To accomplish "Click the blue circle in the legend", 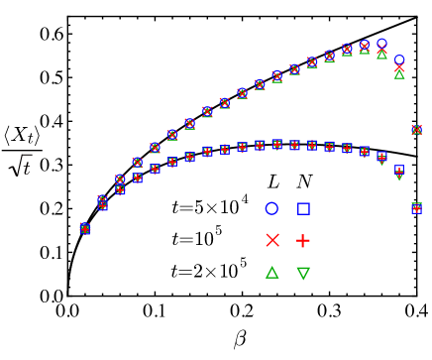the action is click(271, 208).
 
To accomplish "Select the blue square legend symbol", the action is click(303, 208).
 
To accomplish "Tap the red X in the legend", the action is click(272, 240).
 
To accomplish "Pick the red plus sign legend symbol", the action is click(303, 240).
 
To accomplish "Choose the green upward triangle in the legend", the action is click(271, 272).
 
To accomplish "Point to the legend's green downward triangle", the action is click(303, 273).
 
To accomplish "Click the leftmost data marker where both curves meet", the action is click(85, 228).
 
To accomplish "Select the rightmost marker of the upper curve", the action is click(416, 130).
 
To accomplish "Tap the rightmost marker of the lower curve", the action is click(416, 208).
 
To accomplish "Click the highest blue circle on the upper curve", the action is click(381, 44).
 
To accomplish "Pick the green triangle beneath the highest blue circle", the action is click(381, 55).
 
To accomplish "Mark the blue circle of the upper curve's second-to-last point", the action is click(399, 60).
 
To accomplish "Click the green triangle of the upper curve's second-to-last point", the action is click(399, 73).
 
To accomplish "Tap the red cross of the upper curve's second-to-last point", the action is click(399, 67).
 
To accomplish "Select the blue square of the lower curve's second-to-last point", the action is click(399, 170).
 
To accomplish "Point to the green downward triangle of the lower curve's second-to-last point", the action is click(399, 176).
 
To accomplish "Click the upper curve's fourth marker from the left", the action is click(137, 162).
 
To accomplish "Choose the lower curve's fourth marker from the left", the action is click(137, 179).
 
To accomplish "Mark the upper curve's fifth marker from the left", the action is click(155, 148).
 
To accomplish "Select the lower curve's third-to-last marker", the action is click(381, 157).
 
